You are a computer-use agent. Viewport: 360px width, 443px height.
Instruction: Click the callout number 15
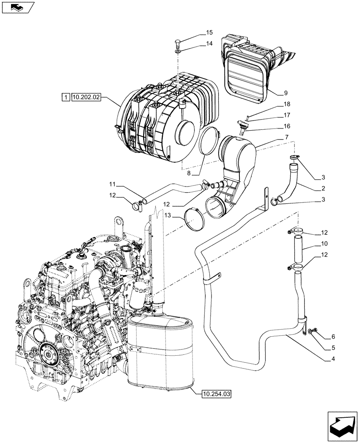209,32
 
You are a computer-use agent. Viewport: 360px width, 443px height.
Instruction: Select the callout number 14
209,43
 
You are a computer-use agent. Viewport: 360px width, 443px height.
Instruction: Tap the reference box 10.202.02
86,97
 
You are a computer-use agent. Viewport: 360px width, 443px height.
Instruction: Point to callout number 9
286,93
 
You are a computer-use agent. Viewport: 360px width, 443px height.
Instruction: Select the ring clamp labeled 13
194,220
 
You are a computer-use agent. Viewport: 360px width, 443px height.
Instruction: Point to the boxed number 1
65,97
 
